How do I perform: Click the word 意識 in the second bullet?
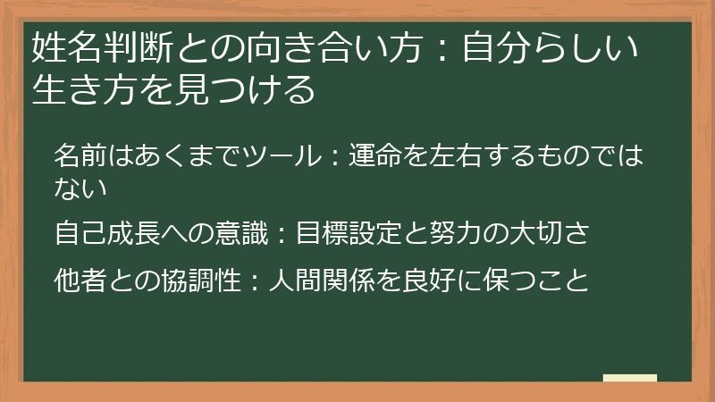231,235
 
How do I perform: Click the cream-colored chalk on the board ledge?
629,378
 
